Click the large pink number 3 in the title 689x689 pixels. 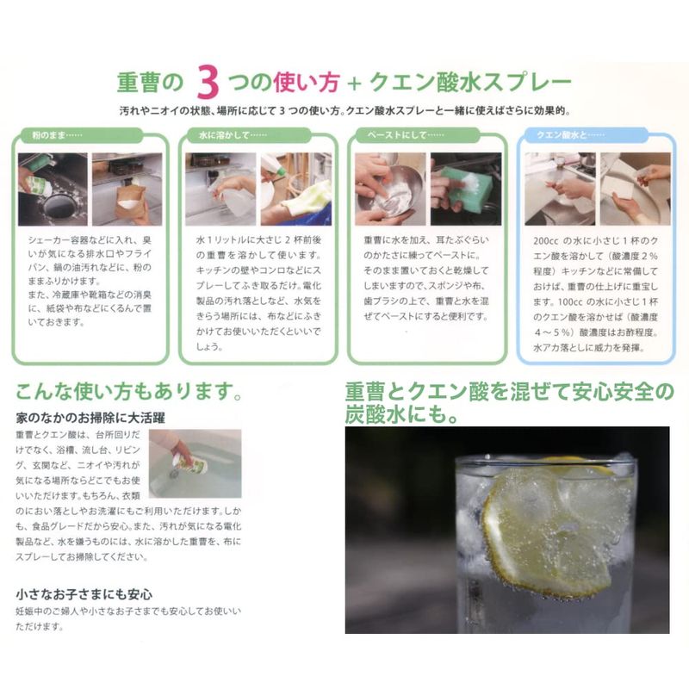(208, 82)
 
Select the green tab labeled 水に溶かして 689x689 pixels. (249, 135)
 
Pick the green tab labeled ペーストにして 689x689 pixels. (418, 135)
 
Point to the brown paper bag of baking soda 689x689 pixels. (131, 203)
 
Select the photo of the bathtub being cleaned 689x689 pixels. (196, 463)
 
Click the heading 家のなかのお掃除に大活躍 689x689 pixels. (90, 418)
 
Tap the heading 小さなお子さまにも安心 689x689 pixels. (84, 594)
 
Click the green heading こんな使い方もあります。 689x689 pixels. (128, 391)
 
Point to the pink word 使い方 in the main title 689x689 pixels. (307, 82)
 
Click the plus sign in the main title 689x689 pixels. (354, 83)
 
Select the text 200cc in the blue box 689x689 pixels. (546, 241)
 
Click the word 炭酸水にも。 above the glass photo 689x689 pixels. (401, 414)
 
